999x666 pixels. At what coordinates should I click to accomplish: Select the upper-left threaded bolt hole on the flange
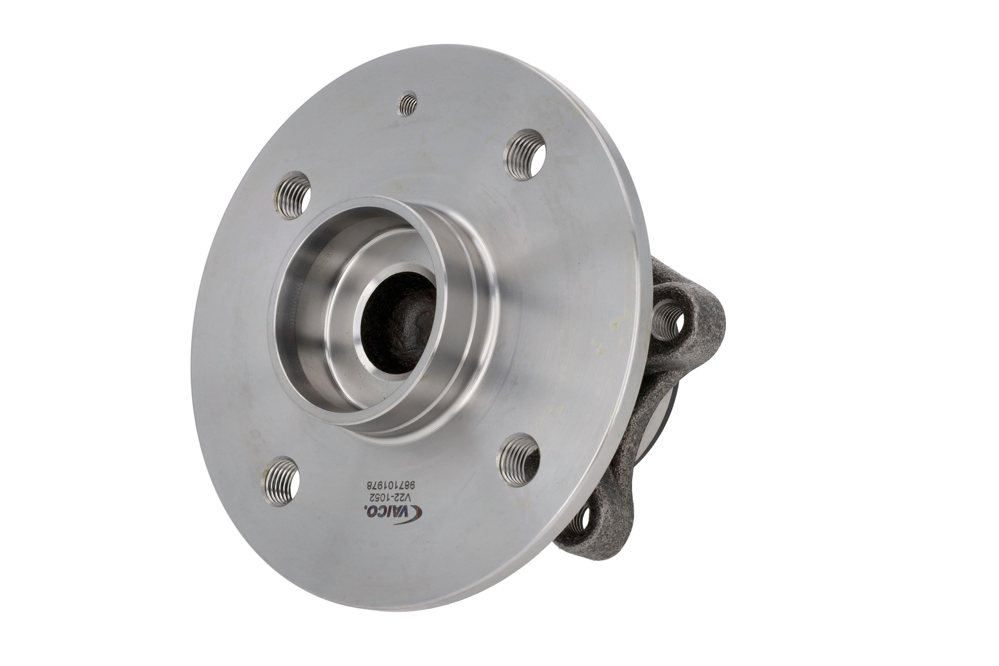[x=292, y=195]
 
